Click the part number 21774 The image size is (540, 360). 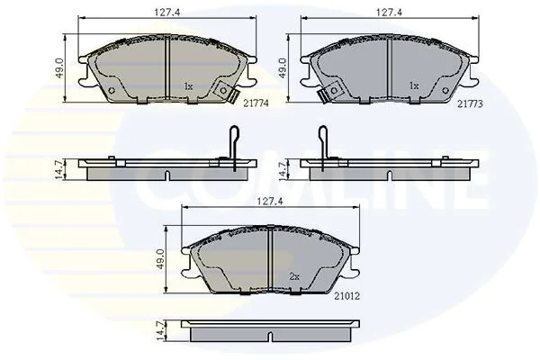click(x=256, y=103)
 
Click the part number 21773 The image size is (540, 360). click(x=470, y=103)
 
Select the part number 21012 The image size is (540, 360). click(x=346, y=296)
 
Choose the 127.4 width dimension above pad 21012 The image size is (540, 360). click(x=270, y=202)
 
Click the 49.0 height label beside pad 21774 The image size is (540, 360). click(x=59, y=67)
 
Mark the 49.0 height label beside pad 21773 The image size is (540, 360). click(x=282, y=67)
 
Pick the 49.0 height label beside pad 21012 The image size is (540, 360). click(x=163, y=260)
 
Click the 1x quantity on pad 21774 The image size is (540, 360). click(x=188, y=86)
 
